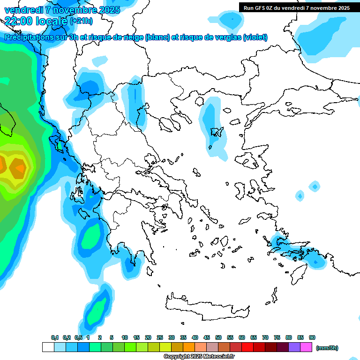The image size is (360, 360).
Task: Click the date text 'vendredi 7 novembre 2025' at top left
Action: (62, 10)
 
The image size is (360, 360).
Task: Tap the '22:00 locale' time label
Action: (36, 21)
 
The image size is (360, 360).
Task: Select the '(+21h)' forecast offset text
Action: (81, 21)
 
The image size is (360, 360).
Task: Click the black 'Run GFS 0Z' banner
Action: (295, 8)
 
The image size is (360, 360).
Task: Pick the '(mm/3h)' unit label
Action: (327, 348)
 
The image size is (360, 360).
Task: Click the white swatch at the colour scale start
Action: (48, 347)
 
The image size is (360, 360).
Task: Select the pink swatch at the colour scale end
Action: (306, 347)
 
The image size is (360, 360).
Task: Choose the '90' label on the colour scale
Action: (312, 337)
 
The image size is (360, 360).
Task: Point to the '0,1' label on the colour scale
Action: (54, 337)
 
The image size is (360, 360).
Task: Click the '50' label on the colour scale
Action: (218, 337)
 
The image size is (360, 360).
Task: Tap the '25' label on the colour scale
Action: (160, 337)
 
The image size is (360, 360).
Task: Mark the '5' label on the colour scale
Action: (112, 337)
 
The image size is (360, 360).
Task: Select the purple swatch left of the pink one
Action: (294, 347)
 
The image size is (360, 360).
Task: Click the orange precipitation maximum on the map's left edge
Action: (19, 167)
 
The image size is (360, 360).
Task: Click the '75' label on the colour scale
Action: (277, 337)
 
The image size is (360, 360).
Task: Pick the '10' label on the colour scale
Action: (125, 337)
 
